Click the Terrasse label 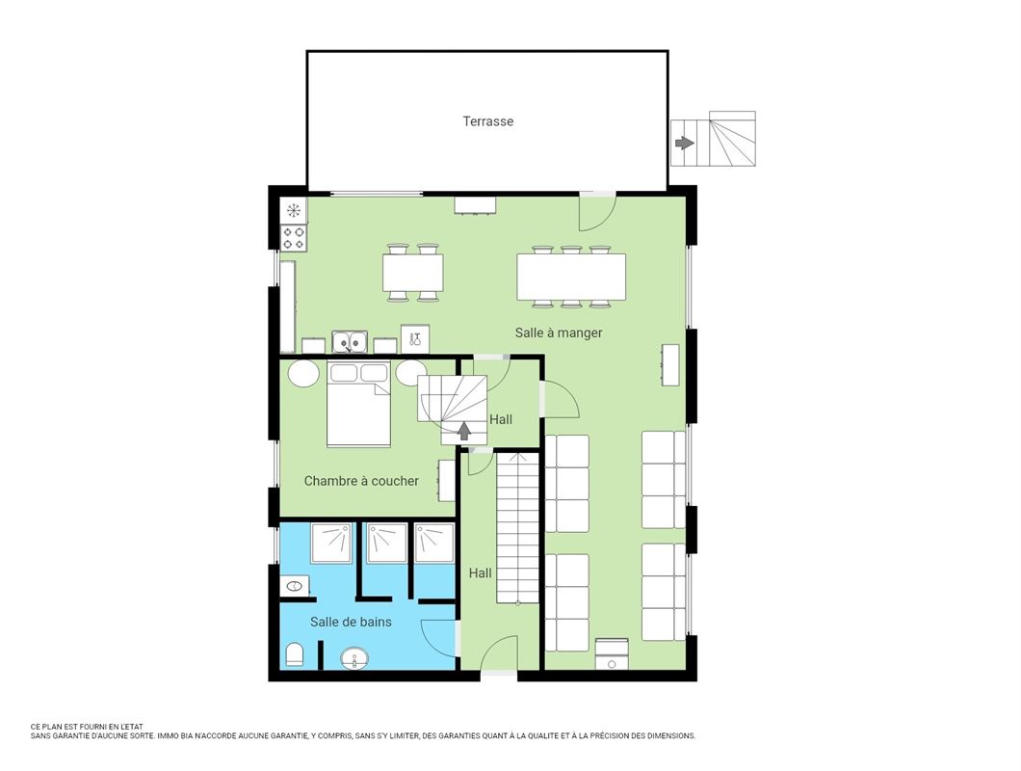[487, 121]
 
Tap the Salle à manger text [559, 332]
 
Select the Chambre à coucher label [361, 481]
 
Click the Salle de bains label [351, 622]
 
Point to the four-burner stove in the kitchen [294, 238]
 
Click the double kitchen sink [350, 341]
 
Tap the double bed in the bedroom [358, 404]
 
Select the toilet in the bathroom [295, 654]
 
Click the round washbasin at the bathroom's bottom [354, 658]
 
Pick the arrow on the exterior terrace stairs [684, 143]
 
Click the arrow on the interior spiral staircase [463, 431]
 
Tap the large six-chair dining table [571, 277]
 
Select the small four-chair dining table [413, 273]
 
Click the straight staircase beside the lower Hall [517, 528]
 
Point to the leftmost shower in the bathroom [331, 543]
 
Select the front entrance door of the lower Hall [500, 653]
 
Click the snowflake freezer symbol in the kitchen [294, 210]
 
